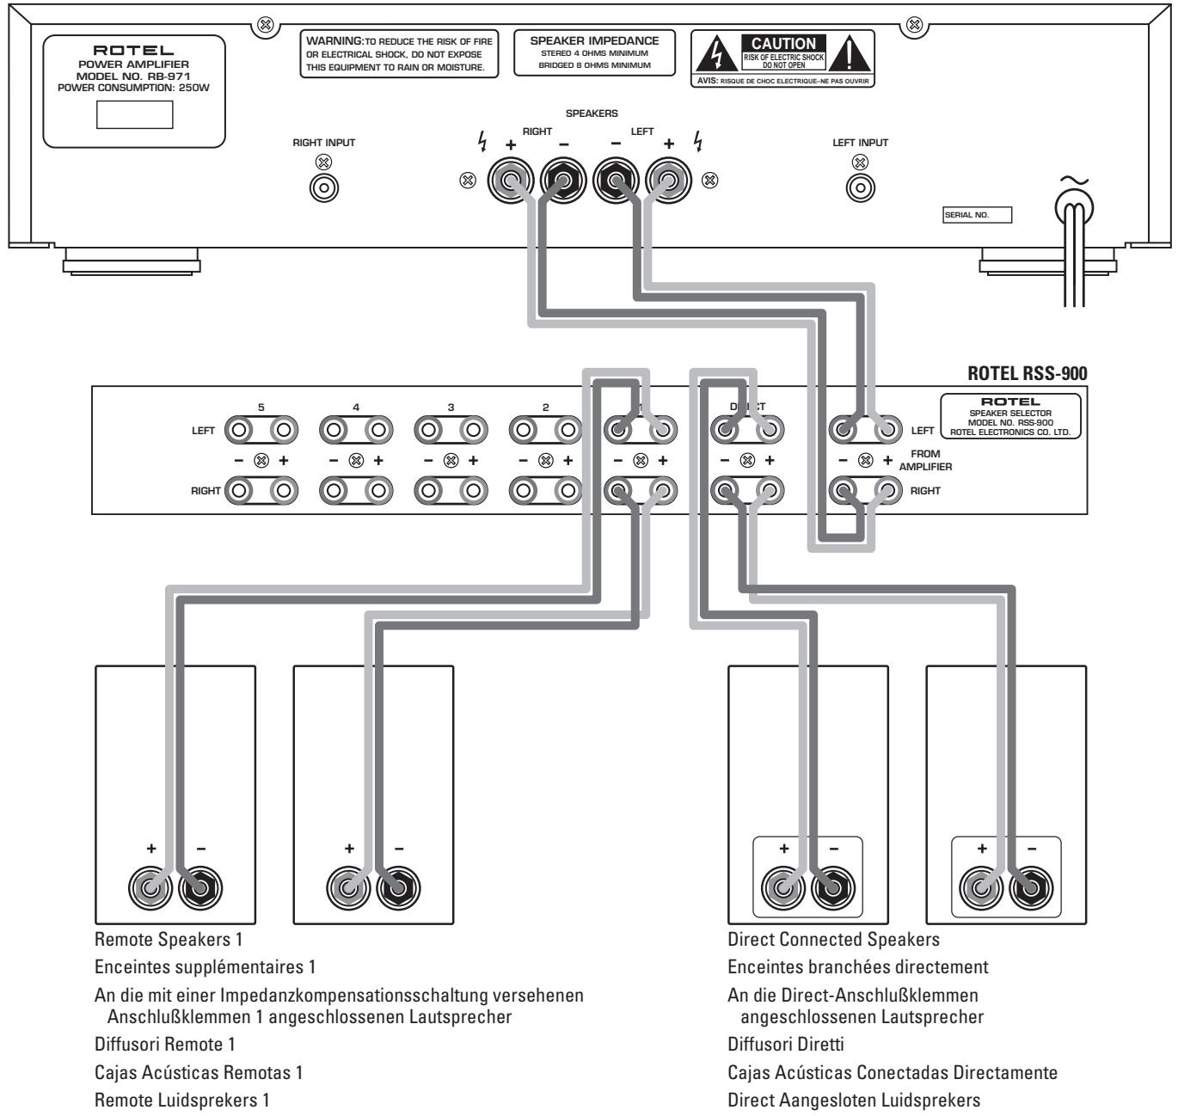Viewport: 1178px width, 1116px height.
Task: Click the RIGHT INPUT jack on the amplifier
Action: [324, 185]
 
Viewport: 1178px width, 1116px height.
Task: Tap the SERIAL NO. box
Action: [977, 215]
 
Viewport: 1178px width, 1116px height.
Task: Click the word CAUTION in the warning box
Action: [783, 42]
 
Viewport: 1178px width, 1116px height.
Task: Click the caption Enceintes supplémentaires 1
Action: [205, 966]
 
